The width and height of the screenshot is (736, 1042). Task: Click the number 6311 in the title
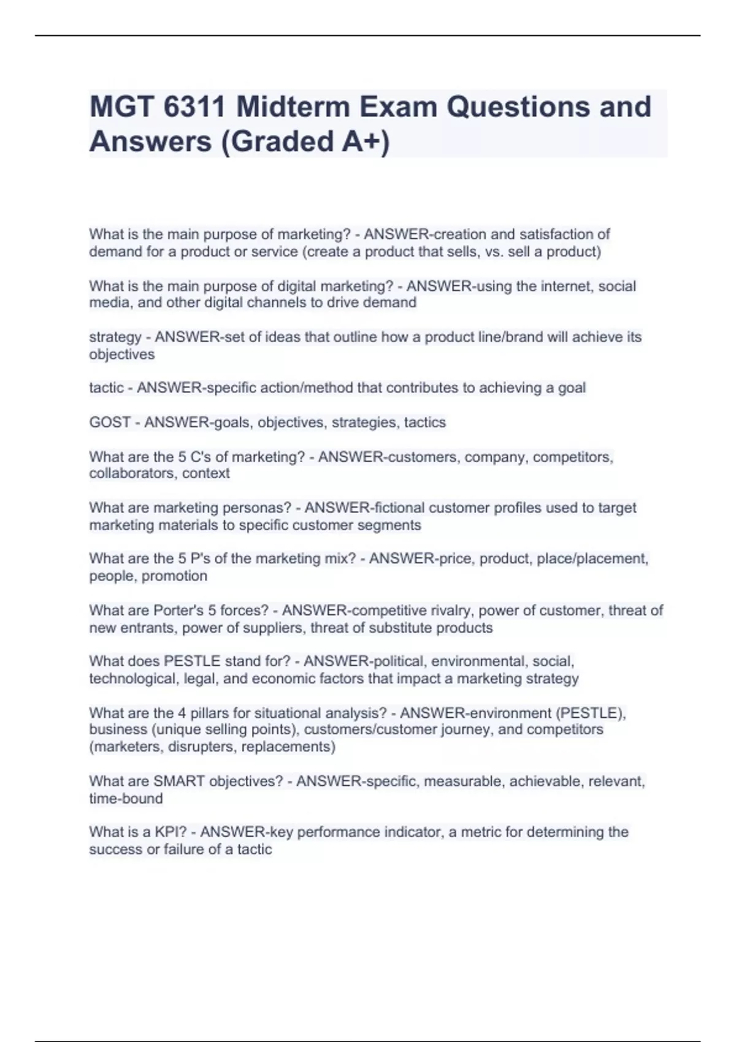tap(194, 107)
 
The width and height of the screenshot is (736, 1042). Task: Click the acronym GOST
tap(110, 422)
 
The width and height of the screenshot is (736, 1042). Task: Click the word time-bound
tap(126, 799)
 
